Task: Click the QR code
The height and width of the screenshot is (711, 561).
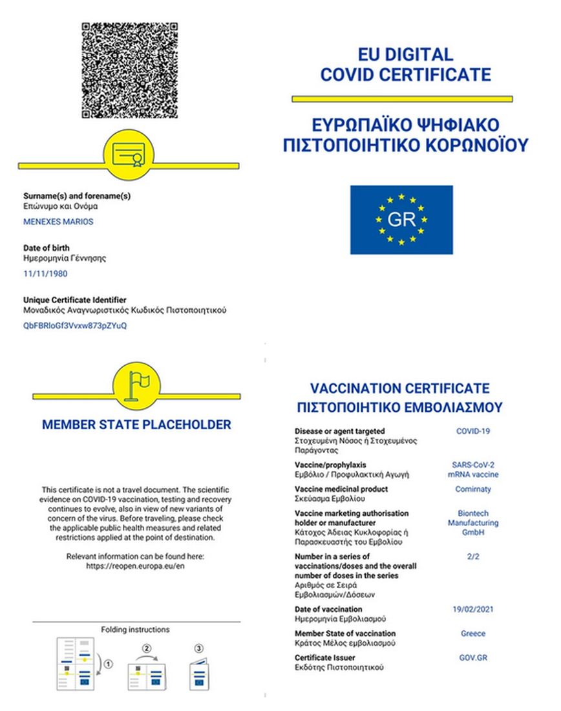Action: coord(129,70)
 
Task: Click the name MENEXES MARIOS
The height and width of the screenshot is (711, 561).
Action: coord(58,222)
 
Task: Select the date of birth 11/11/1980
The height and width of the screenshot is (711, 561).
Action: coord(45,273)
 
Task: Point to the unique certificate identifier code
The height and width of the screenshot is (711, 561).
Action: coord(75,326)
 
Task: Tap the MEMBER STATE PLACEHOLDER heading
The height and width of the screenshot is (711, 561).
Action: coord(136,425)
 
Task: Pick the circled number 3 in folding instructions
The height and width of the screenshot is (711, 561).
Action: coord(198,648)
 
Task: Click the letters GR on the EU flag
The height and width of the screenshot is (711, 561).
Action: coord(401,220)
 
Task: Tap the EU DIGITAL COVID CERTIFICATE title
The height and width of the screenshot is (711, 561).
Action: coord(406,65)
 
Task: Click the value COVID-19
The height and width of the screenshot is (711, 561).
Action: coord(472,431)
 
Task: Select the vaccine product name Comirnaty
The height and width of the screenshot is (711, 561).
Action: coord(473,489)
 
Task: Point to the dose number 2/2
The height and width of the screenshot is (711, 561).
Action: coord(472,557)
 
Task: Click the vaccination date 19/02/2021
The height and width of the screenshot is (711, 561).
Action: coord(473,610)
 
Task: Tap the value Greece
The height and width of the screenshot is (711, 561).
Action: coord(473,634)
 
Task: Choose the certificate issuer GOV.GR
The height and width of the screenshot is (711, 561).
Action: coord(473,658)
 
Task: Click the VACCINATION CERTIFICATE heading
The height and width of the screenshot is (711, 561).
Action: coord(400,389)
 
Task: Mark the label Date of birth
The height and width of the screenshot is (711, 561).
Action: coord(47,248)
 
